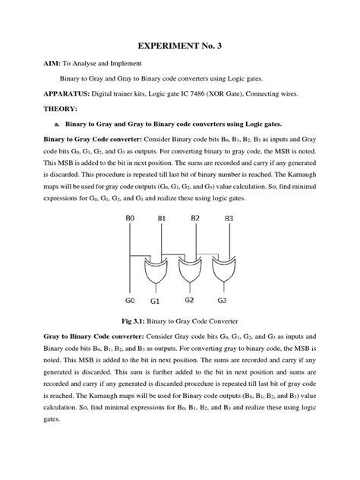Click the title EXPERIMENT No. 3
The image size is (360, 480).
pyautogui.click(x=180, y=46)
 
